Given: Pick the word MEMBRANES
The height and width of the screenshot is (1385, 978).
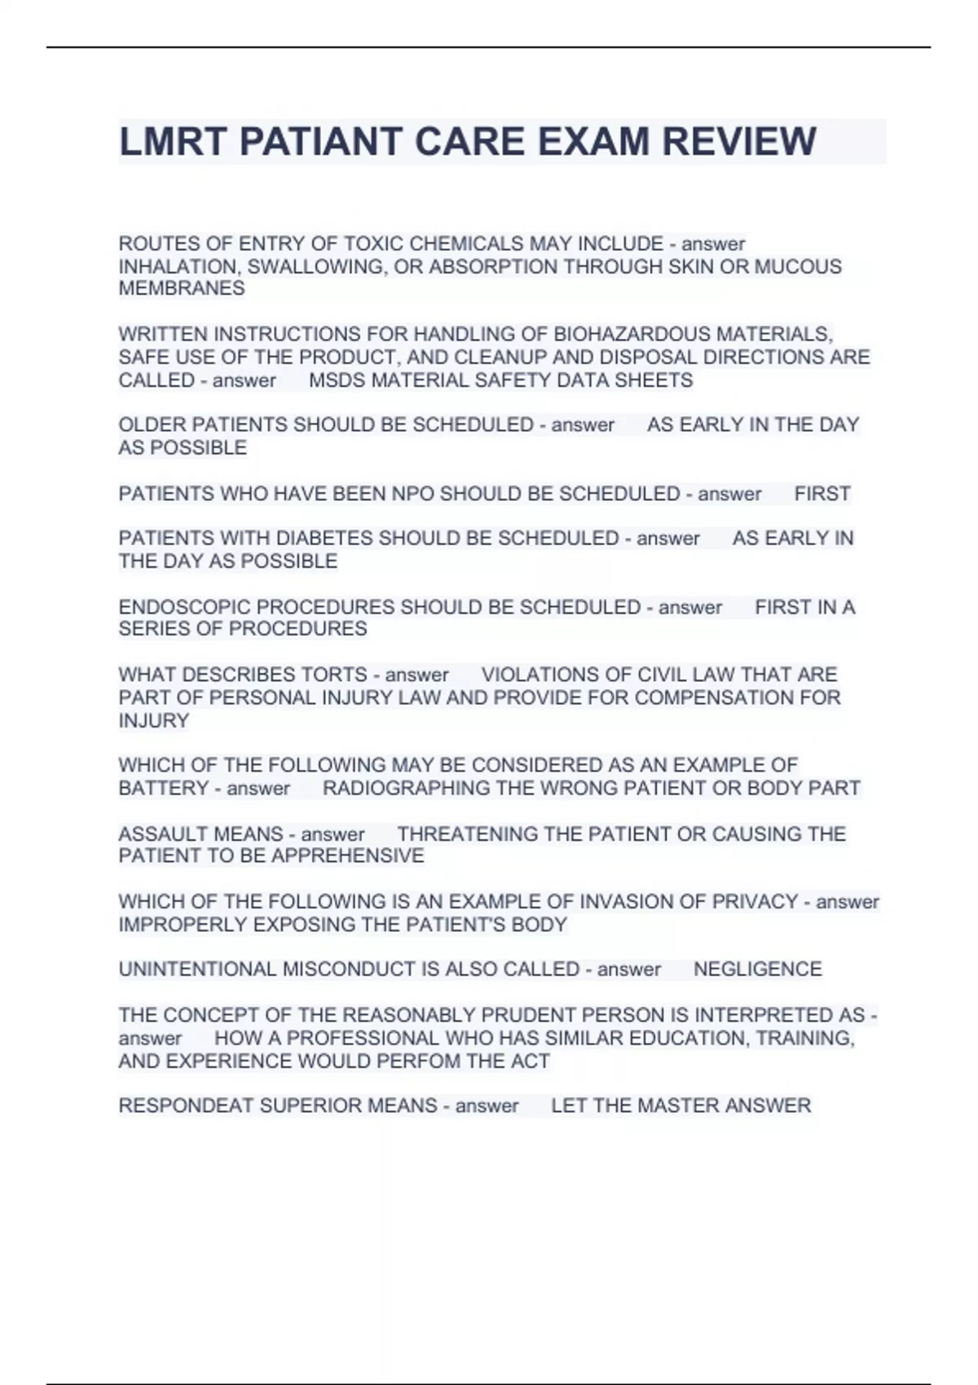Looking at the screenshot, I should click(182, 288).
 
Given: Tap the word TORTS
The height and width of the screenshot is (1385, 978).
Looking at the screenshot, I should click(334, 675).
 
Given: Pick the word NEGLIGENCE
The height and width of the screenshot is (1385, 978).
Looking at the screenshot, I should click(757, 969).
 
